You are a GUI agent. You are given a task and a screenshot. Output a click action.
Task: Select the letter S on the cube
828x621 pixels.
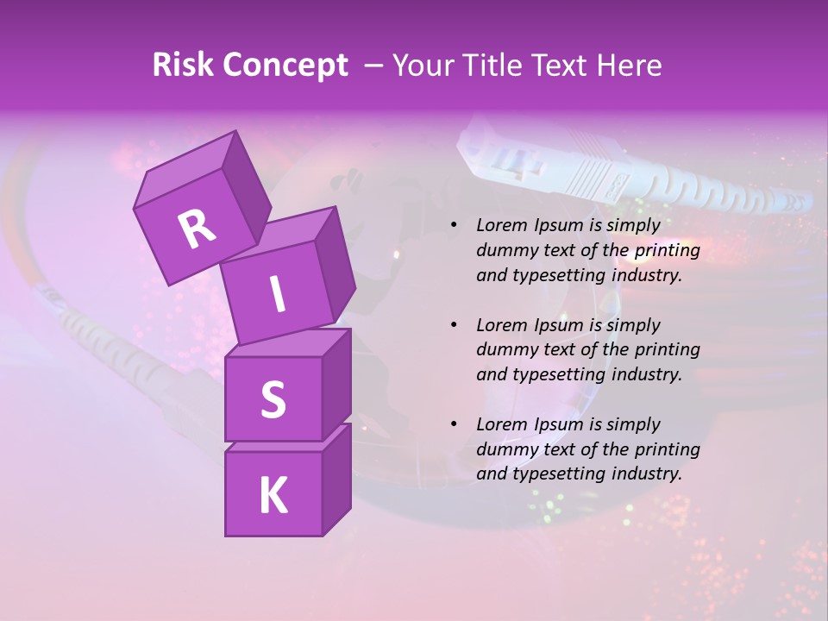tap(273, 399)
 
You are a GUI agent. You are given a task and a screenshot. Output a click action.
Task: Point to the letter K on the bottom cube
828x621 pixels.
tap(273, 495)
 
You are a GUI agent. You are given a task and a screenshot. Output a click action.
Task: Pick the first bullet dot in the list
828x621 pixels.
tap(454, 226)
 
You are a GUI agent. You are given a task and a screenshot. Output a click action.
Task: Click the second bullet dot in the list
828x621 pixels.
tap(454, 325)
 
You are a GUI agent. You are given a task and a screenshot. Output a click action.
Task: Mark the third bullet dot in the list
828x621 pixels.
tap(454, 424)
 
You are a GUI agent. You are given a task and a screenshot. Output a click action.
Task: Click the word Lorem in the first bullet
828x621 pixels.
tap(501, 226)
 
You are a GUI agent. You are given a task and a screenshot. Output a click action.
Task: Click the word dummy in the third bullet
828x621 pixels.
tap(503, 449)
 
